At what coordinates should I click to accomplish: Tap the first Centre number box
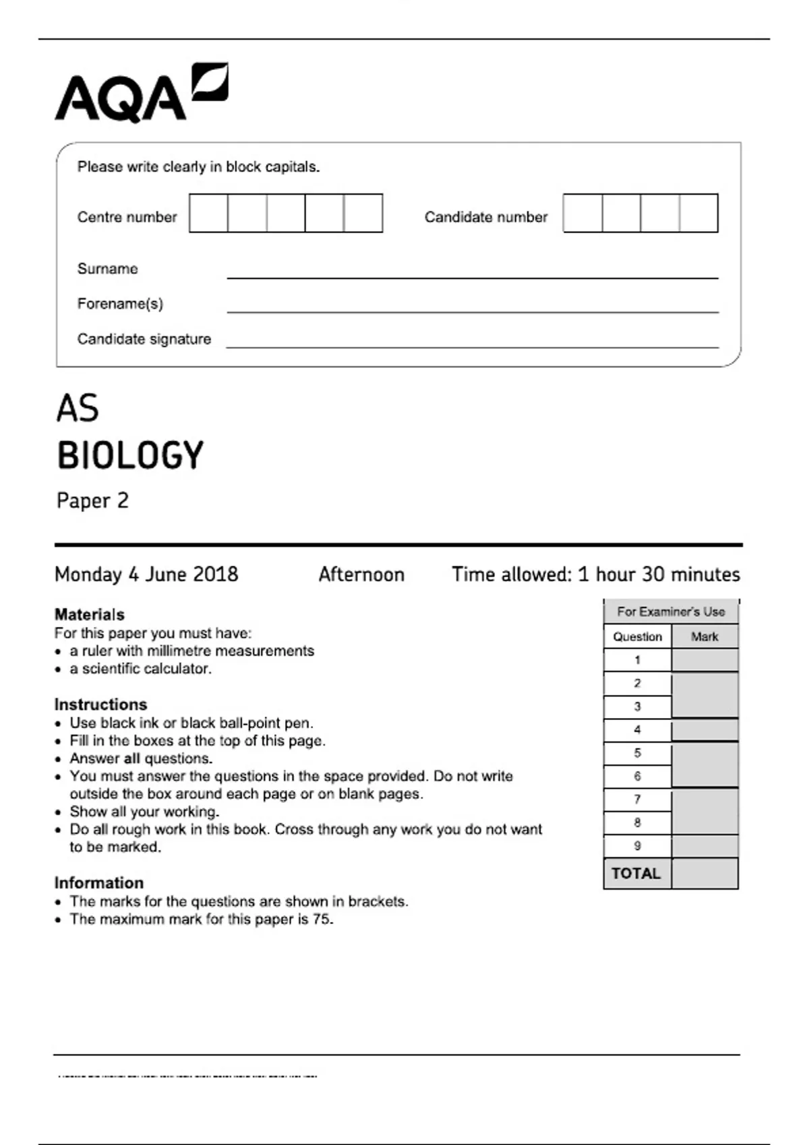coord(208,213)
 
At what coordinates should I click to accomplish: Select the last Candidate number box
coord(698,213)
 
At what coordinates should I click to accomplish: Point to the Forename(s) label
coord(120,304)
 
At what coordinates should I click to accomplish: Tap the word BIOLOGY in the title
coord(130,455)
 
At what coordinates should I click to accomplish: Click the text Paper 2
coord(92,500)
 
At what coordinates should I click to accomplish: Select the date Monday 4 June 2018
coord(146,575)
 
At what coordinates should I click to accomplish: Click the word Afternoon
coord(361,575)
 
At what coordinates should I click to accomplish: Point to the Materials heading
coord(90,614)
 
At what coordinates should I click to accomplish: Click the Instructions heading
coord(100,705)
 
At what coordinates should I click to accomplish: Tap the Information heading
coord(99,883)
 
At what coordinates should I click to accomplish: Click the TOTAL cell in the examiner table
coord(636,874)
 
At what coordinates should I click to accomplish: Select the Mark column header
coord(705,636)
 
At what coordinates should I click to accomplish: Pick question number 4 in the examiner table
coord(637,729)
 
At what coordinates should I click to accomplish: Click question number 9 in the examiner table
coord(637,846)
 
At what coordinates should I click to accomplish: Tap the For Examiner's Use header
coord(671,612)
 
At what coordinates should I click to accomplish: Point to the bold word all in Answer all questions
coord(131,758)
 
